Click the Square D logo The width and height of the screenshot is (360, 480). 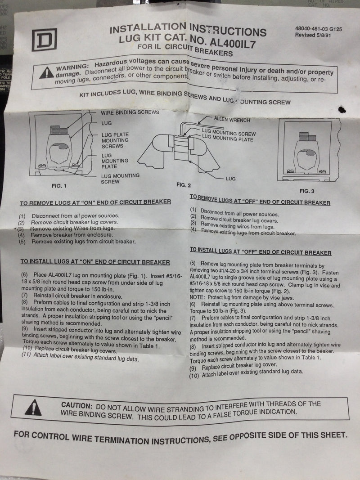point(45,40)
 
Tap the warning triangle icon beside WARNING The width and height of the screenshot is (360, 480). point(46,73)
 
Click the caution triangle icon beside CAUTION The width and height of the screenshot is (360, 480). point(33,408)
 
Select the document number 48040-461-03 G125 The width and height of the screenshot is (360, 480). point(318,29)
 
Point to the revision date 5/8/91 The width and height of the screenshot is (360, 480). point(324,35)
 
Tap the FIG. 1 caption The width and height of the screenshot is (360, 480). point(59,186)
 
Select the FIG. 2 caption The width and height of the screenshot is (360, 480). point(183,185)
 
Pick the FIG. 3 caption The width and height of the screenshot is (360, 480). point(307,191)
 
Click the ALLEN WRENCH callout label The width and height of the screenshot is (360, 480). point(232,119)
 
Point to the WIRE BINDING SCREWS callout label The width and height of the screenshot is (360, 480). point(130,112)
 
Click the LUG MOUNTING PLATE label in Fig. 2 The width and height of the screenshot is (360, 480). point(227,139)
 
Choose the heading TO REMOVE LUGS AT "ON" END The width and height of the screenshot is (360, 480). point(95,202)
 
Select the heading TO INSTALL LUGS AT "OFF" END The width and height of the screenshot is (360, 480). point(261,251)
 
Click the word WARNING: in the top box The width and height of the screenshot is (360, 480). point(72,67)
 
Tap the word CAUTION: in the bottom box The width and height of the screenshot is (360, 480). point(76,405)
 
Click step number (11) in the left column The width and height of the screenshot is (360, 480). point(27,355)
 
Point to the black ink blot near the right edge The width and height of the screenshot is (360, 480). point(342,109)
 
